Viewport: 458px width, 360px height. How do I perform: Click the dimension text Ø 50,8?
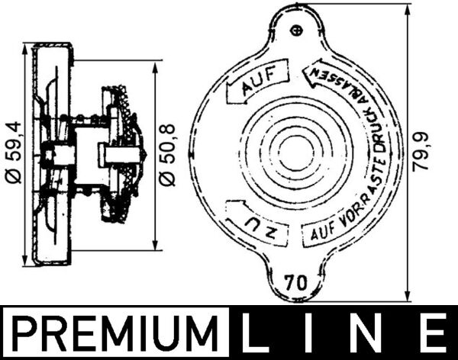pos(169,153)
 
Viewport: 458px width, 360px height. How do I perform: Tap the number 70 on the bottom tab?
pos(297,280)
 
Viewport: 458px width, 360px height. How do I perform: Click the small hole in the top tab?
pos(298,30)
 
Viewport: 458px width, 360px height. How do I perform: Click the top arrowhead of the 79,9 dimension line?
pos(410,10)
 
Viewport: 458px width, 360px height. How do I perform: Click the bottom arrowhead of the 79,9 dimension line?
pos(410,298)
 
